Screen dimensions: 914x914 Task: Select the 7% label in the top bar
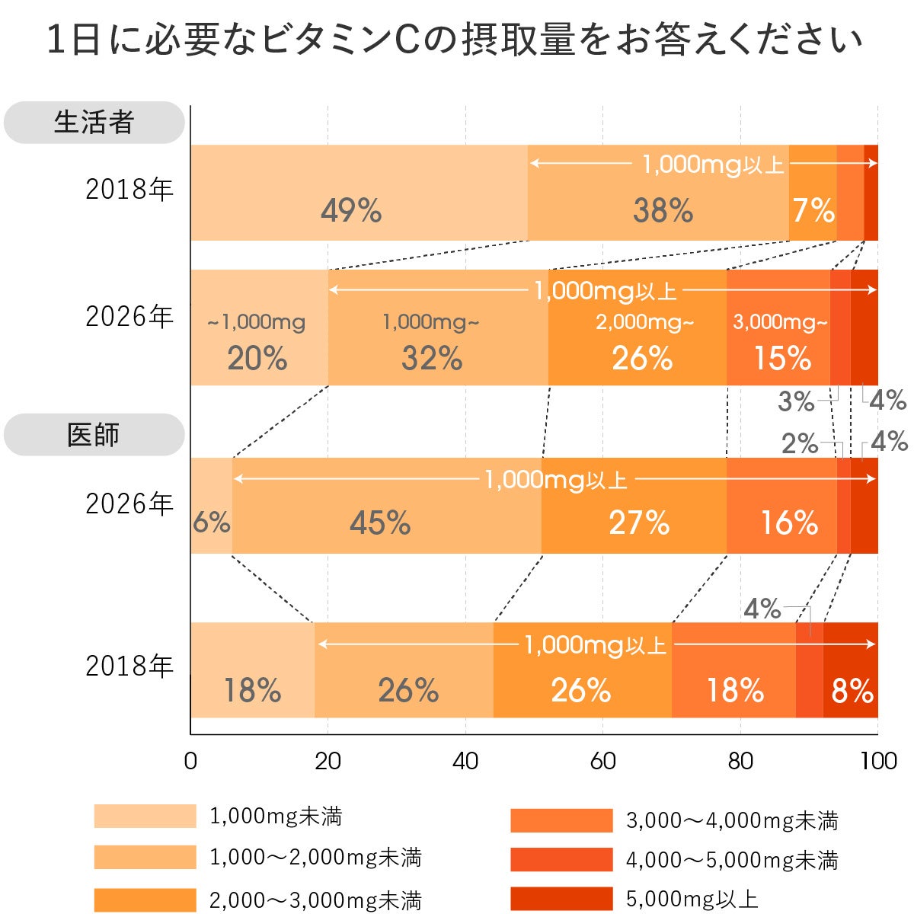pyautogui.click(x=813, y=210)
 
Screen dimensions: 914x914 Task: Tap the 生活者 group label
pyautogui.click(x=94, y=123)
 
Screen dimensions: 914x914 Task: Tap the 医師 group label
pyautogui.click(x=94, y=435)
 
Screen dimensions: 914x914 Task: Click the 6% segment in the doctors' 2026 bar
pyautogui.click(x=211, y=522)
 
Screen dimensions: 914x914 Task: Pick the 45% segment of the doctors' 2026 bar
pyautogui.click(x=380, y=523)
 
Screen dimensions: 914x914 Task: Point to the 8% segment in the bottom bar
pyautogui.click(x=852, y=691)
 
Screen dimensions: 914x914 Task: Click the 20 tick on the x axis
pyautogui.click(x=328, y=761)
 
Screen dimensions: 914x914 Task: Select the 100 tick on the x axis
pyautogui.click(x=878, y=761)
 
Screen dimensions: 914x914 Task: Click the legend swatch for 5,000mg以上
pyautogui.click(x=561, y=899)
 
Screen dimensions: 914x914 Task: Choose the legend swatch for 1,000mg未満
pyautogui.click(x=145, y=817)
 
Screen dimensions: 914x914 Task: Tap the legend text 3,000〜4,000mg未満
pyautogui.click(x=732, y=820)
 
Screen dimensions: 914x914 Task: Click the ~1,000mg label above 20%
pyautogui.click(x=257, y=322)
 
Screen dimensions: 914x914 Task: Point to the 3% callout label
pyautogui.click(x=795, y=401)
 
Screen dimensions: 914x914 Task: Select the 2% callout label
pyautogui.click(x=799, y=443)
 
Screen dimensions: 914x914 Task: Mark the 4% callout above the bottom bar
pyautogui.click(x=762, y=609)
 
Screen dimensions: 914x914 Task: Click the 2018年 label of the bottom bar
pyautogui.click(x=129, y=666)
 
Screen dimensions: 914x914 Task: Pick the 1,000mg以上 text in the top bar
pyautogui.click(x=713, y=164)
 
